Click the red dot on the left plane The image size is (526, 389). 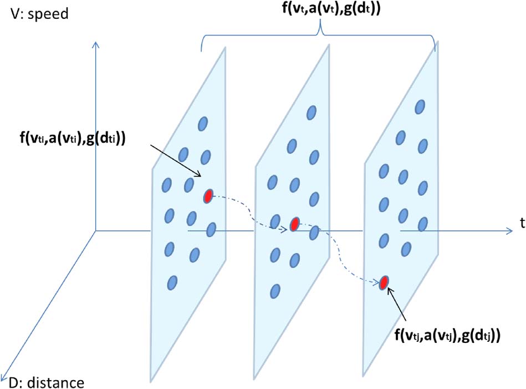click(208, 196)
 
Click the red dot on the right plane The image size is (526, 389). click(383, 282)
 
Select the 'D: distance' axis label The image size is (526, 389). click(47, 382)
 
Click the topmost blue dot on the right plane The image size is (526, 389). click(420, 105)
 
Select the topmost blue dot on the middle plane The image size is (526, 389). click(311, 113)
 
